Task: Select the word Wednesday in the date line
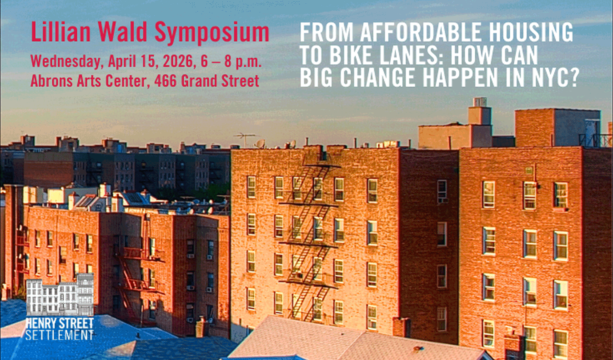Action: coord(66,61)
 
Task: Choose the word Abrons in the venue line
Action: coord(52,80)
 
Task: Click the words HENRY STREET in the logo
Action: coord(60,324)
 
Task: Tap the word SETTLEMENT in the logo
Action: coord(60,335)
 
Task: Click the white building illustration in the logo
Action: coord(60,294)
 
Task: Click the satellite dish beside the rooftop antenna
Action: coord(260,144)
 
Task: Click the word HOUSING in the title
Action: coord(531,32)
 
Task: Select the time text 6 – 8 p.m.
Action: coord(231,61)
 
